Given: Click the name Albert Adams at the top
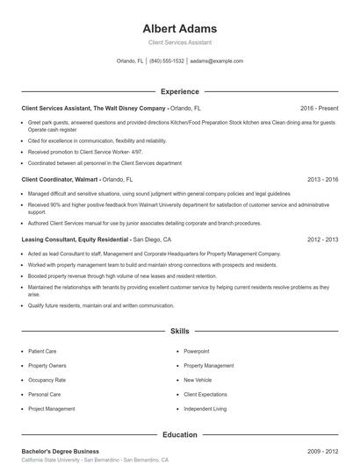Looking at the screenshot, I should [179, 28].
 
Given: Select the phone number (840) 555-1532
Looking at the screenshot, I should [167, 61].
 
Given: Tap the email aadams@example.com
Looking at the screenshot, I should [216, 61].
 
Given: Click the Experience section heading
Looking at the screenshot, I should [179, 91].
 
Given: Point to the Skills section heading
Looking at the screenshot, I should [179, 332].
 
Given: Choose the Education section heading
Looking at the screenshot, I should [179, 434].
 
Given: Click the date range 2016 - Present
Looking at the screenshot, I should [319, 108].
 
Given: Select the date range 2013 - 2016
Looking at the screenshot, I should [322, 179].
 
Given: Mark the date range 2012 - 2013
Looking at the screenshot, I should [322, 239].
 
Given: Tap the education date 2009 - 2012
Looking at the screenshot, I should [322, 451].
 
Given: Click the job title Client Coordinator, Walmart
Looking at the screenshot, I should [60, 179].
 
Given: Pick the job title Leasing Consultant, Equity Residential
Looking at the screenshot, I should [76, 239].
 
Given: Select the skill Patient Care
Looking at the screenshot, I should [42, 351].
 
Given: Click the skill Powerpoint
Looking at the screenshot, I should [196, 351].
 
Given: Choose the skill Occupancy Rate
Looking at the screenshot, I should [47, 380].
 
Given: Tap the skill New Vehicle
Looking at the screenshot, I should [198, 380].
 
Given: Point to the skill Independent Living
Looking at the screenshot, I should [205, 409].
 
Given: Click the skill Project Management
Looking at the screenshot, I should [51, 409].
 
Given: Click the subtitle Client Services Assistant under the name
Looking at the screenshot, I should [179, 42].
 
